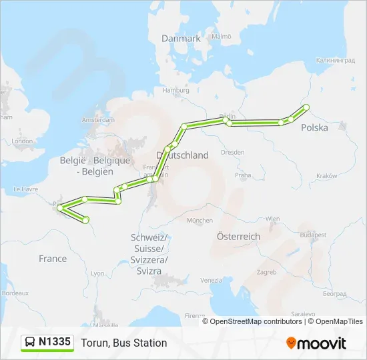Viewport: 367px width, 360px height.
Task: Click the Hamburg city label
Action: [176, 90]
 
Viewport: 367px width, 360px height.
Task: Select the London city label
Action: [22, 141]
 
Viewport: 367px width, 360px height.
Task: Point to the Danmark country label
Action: [181, 39]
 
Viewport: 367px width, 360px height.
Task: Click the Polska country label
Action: [314, 127]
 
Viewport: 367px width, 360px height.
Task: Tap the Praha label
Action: [243, 175]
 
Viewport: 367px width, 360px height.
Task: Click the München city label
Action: [200, 220]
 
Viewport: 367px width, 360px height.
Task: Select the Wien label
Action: [273, 218]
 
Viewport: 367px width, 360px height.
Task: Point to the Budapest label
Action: [313, 235]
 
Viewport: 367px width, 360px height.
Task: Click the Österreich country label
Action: [238, 237]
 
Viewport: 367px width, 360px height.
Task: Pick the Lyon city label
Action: [97, 273]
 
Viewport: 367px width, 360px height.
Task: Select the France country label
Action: [53, 259]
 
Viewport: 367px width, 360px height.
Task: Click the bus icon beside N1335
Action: [30, 343]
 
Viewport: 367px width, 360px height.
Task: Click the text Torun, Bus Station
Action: [124, 343]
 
